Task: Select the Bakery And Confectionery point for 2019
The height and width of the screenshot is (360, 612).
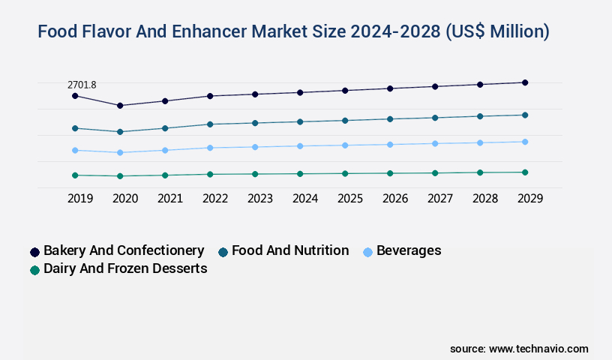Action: pyautogui.click(x=75, y=96)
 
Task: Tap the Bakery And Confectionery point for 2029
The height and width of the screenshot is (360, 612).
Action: pyautogui.click(x=525, y=82)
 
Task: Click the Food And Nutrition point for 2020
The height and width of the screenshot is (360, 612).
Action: pyautogui.click(x=120, y=132)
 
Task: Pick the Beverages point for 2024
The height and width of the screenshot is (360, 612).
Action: pyautogui.click(x=300, y=145)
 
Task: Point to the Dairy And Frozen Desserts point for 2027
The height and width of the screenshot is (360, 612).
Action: pyautogui.click(x=435, y=172)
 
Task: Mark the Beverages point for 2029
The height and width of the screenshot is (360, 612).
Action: pyautogui.click(x=525, y=142)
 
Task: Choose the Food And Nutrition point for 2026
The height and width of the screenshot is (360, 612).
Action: pyautogui.click(x=390, y=118)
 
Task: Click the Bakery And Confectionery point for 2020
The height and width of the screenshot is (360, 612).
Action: pyautogui.click(x=120, y=106)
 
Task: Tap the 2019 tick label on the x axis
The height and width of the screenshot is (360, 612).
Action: pyautogui.click(x=80, y=199)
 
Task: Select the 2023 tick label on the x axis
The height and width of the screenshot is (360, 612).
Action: pyautogui.click(x=260, y=199)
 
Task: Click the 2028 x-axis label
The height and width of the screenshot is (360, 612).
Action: pyautogui.click(x=485, y=199)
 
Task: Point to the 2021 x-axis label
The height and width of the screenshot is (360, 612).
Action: pyautogui.click(x=170, y=199)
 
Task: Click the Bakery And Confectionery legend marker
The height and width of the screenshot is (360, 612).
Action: pyautogui.click(x=34, y=252)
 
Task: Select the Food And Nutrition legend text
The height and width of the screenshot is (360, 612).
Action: pyautogui.click(x=290, y=250)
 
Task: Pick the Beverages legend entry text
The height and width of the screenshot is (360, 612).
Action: pyautogui.click(x=409, y=250)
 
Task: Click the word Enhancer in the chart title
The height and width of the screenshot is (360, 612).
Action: pyautogui.click(x=214, y=31)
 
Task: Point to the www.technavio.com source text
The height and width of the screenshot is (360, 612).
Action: pyautogui.click(x=538, y=349)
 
